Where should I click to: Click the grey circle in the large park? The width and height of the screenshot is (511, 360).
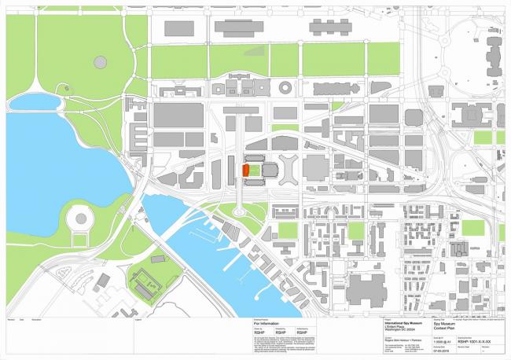[x=100, y=61]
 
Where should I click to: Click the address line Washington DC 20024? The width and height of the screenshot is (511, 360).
[x=400, y=328]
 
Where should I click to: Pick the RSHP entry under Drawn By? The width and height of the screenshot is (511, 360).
[x=259, y=332]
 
